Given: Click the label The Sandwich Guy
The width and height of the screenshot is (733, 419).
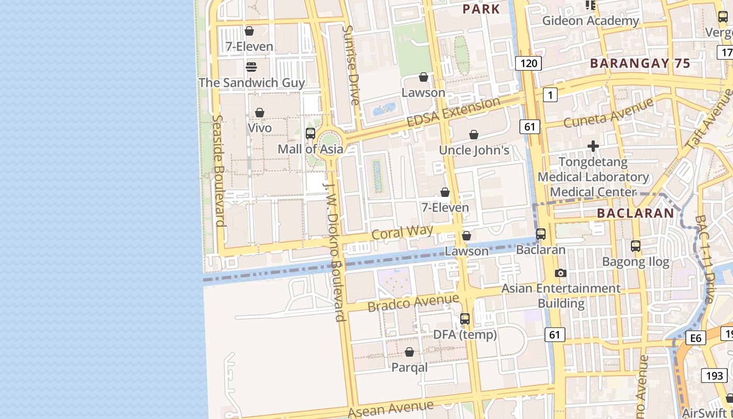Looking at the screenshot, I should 251,83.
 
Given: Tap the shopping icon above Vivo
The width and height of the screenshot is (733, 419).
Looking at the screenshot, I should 259,113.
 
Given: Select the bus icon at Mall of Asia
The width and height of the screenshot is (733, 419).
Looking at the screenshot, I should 310,134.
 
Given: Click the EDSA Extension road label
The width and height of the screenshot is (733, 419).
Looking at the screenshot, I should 453,112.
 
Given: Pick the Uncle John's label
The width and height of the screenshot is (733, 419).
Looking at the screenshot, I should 474,150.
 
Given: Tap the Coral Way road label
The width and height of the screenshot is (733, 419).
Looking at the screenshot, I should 402,232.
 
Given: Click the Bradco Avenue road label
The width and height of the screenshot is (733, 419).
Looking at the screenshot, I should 413,302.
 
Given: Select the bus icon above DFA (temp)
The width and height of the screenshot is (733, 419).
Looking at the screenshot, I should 464,318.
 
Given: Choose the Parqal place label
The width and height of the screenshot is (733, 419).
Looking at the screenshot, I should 409,367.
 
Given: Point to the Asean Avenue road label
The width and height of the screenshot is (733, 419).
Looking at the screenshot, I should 391,409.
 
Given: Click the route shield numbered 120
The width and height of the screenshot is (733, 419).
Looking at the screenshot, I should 528,64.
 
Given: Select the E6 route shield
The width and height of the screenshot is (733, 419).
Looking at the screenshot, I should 695,338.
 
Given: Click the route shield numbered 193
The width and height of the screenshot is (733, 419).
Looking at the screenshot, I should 714,375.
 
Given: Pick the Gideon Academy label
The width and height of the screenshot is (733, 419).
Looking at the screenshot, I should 590,21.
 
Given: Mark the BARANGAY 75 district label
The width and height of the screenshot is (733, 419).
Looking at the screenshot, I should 640,63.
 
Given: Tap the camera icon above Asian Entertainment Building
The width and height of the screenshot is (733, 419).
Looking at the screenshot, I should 560,273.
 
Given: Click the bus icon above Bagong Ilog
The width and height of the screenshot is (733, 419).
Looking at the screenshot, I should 635,246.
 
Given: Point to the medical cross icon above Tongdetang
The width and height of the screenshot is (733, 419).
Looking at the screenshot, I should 593,146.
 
